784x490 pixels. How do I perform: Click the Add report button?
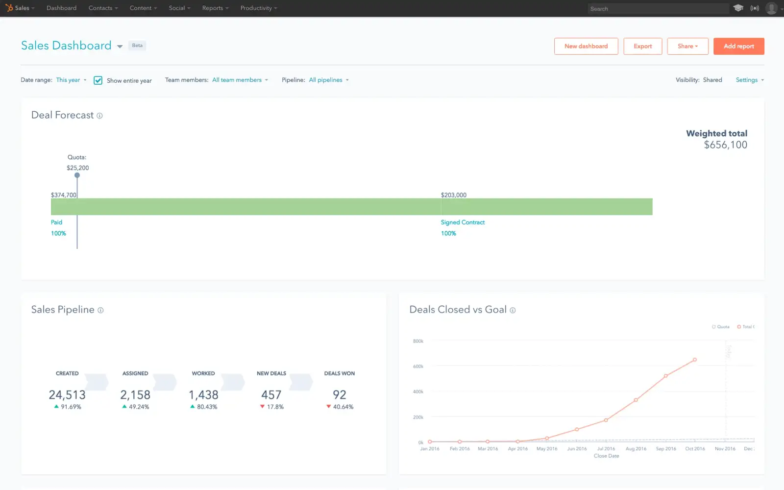point(738,46)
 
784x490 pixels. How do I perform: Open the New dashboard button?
point(586,46)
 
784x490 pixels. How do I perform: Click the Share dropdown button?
point(687,46)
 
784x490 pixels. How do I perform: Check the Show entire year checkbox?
point(98,80)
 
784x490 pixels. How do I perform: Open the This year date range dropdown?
point(71,80)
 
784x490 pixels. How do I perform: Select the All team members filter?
point(240,80)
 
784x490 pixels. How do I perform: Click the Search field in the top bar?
point(657,9)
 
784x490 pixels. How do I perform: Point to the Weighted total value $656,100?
point(725,145)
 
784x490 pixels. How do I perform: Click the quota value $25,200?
point(78,168)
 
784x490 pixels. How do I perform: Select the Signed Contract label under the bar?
point(463,222)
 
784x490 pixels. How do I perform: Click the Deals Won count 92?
point(339,395)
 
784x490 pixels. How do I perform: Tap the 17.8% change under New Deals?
point(275,407)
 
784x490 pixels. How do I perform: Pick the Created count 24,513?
point(67,395)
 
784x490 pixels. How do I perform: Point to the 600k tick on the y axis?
point(418,367)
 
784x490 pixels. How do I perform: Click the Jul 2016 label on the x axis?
point(606,449)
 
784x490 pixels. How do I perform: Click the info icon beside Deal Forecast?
point(99,116)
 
